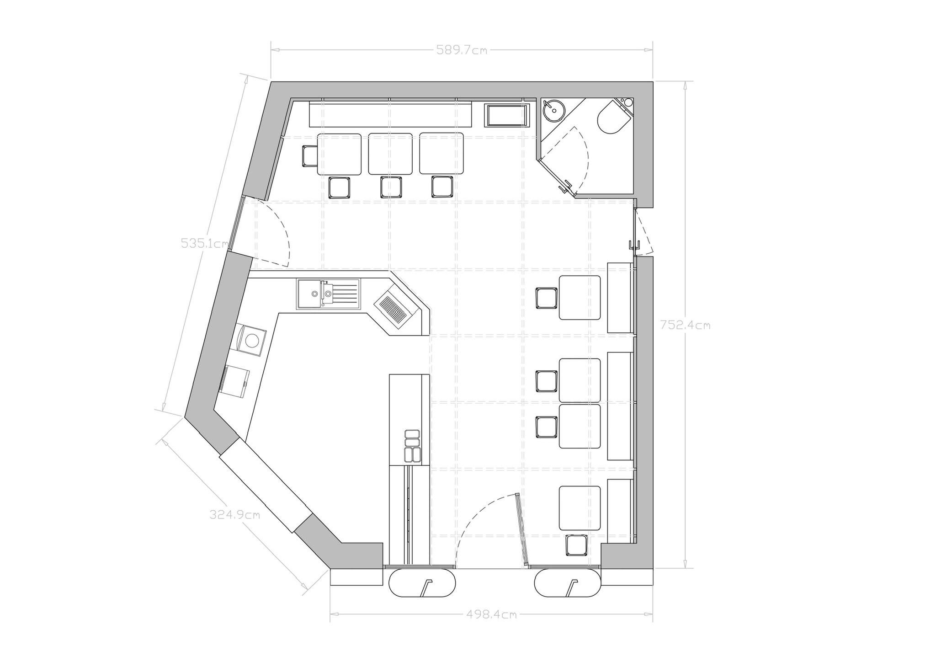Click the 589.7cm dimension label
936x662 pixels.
462,50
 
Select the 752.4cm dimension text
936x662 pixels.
686,325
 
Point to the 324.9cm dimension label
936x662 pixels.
235,515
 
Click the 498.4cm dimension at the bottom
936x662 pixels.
491,614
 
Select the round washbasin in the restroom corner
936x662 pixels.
553,109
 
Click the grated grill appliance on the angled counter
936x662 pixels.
393,307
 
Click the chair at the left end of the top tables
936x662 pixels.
310,156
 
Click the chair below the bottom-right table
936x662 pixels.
576,545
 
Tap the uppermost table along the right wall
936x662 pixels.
580,298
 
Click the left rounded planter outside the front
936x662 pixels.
422,582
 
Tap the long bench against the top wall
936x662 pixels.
390,114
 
